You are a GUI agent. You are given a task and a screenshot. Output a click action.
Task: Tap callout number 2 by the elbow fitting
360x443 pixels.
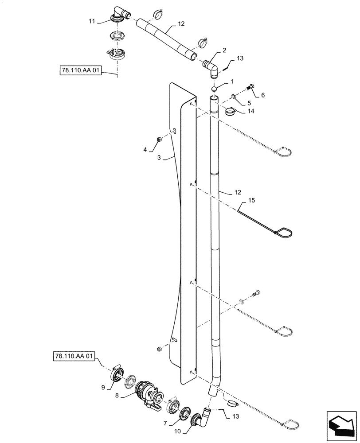[x=224, y=51]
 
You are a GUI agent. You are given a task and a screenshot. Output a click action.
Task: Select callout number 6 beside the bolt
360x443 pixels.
[x=263, y=95]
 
